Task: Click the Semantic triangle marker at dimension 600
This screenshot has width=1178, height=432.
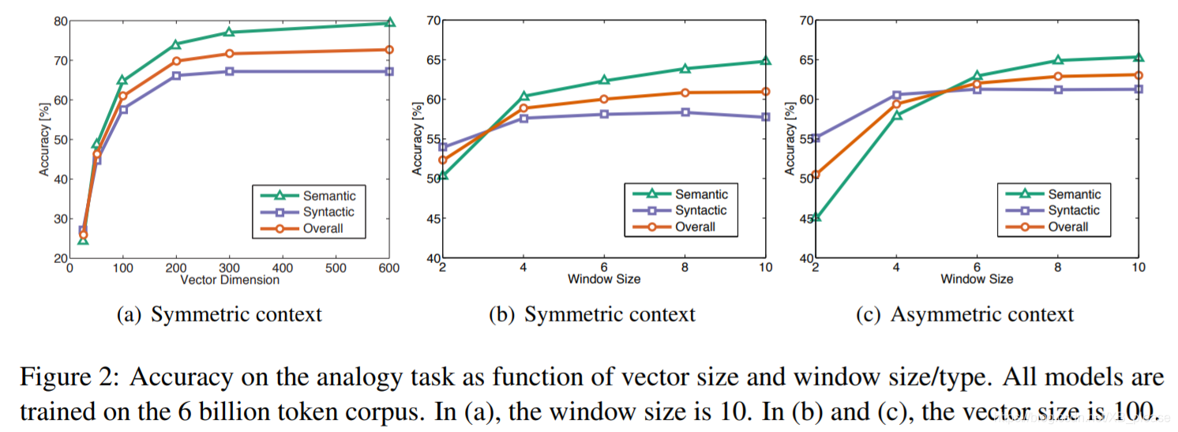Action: tap(389, 22)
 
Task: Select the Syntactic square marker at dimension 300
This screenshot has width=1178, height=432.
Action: tap(229, 71)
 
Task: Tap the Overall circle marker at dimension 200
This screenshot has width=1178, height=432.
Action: tap(175, 61)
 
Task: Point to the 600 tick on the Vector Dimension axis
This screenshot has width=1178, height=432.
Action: tap(389, 268)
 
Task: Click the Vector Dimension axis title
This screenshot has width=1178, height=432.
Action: tap(230, 280)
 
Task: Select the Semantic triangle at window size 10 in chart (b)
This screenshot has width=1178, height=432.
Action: tap(765, 61)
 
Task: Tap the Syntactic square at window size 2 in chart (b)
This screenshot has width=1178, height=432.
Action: tap(443, 147)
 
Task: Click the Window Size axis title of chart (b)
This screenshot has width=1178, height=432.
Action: tap(604, 280)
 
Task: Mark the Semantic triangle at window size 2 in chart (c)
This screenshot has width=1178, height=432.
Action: tap(816, 216)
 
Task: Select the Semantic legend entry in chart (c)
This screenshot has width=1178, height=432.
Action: tap(1074, 193)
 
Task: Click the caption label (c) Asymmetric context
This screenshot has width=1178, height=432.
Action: tap(965, 315)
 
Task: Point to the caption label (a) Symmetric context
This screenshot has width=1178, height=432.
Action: tap(219, 315)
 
